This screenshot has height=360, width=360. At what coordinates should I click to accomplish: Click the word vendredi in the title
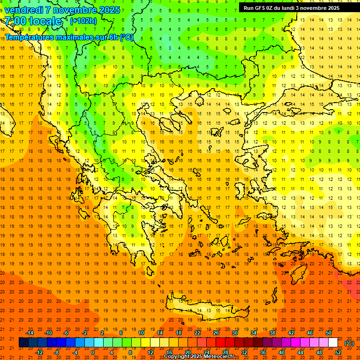[23, 9]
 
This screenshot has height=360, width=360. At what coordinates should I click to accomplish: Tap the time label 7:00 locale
[33, 21]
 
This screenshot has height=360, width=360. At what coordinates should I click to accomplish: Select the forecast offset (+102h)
[83, 21]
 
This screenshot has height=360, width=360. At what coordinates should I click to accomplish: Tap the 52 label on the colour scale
[337, 352]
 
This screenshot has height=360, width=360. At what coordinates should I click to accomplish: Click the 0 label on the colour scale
[92, 352]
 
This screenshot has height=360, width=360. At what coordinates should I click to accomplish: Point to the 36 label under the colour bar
[263, 352]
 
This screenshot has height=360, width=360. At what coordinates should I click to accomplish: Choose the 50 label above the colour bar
[329, 333]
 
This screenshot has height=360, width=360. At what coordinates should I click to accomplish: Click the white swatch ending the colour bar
[333, 343]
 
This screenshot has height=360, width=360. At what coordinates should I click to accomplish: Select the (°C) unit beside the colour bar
[349, 343]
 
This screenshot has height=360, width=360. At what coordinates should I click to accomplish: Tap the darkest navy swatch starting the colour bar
[23, 343]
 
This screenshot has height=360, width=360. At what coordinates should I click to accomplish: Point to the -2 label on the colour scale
[84, 333]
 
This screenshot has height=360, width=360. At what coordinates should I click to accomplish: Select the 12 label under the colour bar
[150, 352]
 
